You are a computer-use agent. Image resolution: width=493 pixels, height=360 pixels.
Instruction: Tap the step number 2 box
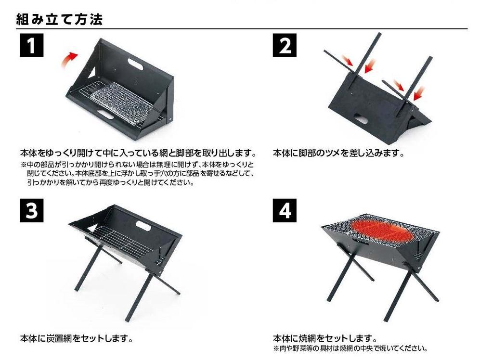coord(285,47)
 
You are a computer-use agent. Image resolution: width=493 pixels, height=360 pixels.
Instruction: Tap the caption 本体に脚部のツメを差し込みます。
coord(338,154)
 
